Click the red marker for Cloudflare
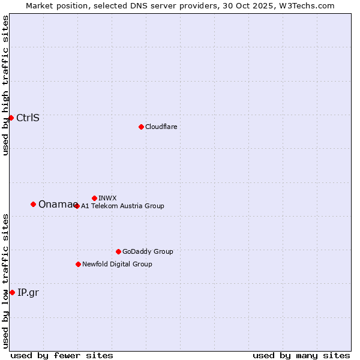pyautogui.click(x=141, y=127)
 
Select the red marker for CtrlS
pyautogui.click(x=11, y=118)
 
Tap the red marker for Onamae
pyautogui.click(x=33, y=204)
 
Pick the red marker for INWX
pyautogui.click(x=94, y=198)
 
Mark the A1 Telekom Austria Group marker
pyautogui.click(x=76, y=206)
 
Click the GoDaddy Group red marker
pyautogui.click(x=118, y=251)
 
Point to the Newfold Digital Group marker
pyautogui.click(x=78, y=264)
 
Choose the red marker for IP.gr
pyautogui.click(x=12, y=292)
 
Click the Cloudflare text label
pyautogui.click(x=161, y=127)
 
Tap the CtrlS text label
pyautogui.click(x=28, y=118)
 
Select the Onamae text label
pyautogui.click(x=55, y=204)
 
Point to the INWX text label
pyautogui.click(x=107, y=198)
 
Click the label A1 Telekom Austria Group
pyautogui.click(x=122, y=206)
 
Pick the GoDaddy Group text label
pyautogui.click(x=148, y=251)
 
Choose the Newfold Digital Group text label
pyautogui.click(x=117, y=264)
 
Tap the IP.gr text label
pyautogui.click(x=28, y=293)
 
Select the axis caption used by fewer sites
pyautogui.click(x=62, y=355)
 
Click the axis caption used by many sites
pyautogui.click(x=301, y=355)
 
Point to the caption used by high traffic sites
pyautogui.click(x=5, y=85)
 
